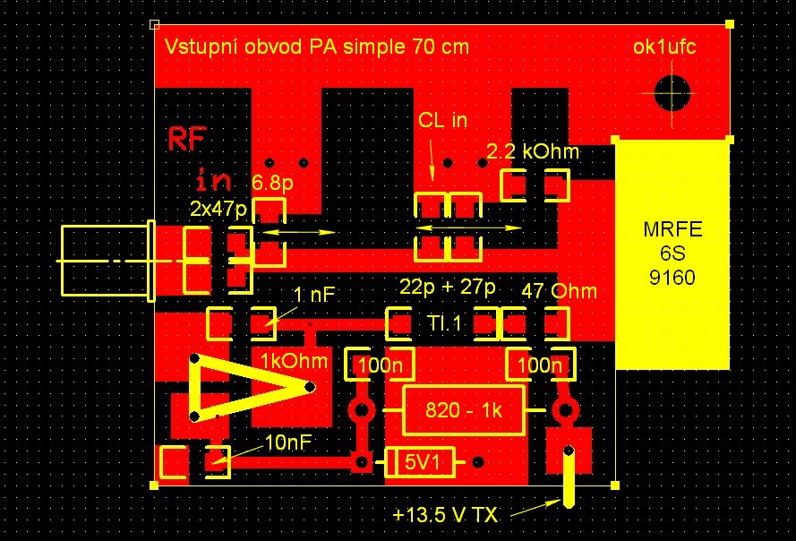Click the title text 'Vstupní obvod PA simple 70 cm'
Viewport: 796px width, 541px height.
pos(317,47)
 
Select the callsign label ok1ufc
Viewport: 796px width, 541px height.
pos(664,47)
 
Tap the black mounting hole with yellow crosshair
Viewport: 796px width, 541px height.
pos(672,93)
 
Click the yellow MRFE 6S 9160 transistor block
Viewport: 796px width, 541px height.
pos(672,254)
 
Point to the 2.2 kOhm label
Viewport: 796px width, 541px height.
pos(533,151)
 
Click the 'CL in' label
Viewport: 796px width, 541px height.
pos(442,120)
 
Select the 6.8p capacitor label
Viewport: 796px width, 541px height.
pos(272,183)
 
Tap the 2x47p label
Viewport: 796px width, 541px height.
pos(218,209)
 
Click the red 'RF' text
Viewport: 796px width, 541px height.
pos(187,139)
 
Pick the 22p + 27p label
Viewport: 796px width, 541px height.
pos(447,287)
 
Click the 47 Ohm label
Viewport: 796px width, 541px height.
pos(559,292)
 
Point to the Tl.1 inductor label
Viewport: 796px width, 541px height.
pos(445,323)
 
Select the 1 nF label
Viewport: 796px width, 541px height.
pos(314,295)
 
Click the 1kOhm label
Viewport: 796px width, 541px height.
pos(294,361)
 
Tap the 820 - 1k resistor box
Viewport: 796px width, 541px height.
pos(464,410)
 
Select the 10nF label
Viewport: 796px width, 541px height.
pos(287,443)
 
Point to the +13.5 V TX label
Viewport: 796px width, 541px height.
pos(445,516)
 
